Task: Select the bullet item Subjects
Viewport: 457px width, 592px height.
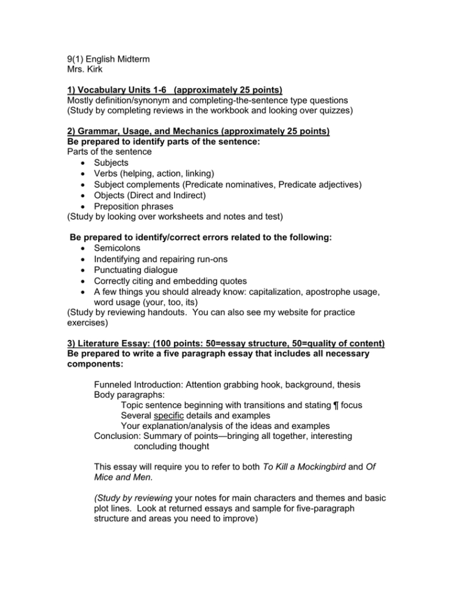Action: [111, 163]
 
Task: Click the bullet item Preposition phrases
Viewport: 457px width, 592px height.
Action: [133, 206]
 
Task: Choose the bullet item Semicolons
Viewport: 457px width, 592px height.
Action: [117, 248]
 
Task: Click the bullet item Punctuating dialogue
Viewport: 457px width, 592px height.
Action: [135, 270]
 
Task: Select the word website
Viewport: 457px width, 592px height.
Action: [296, 313]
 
